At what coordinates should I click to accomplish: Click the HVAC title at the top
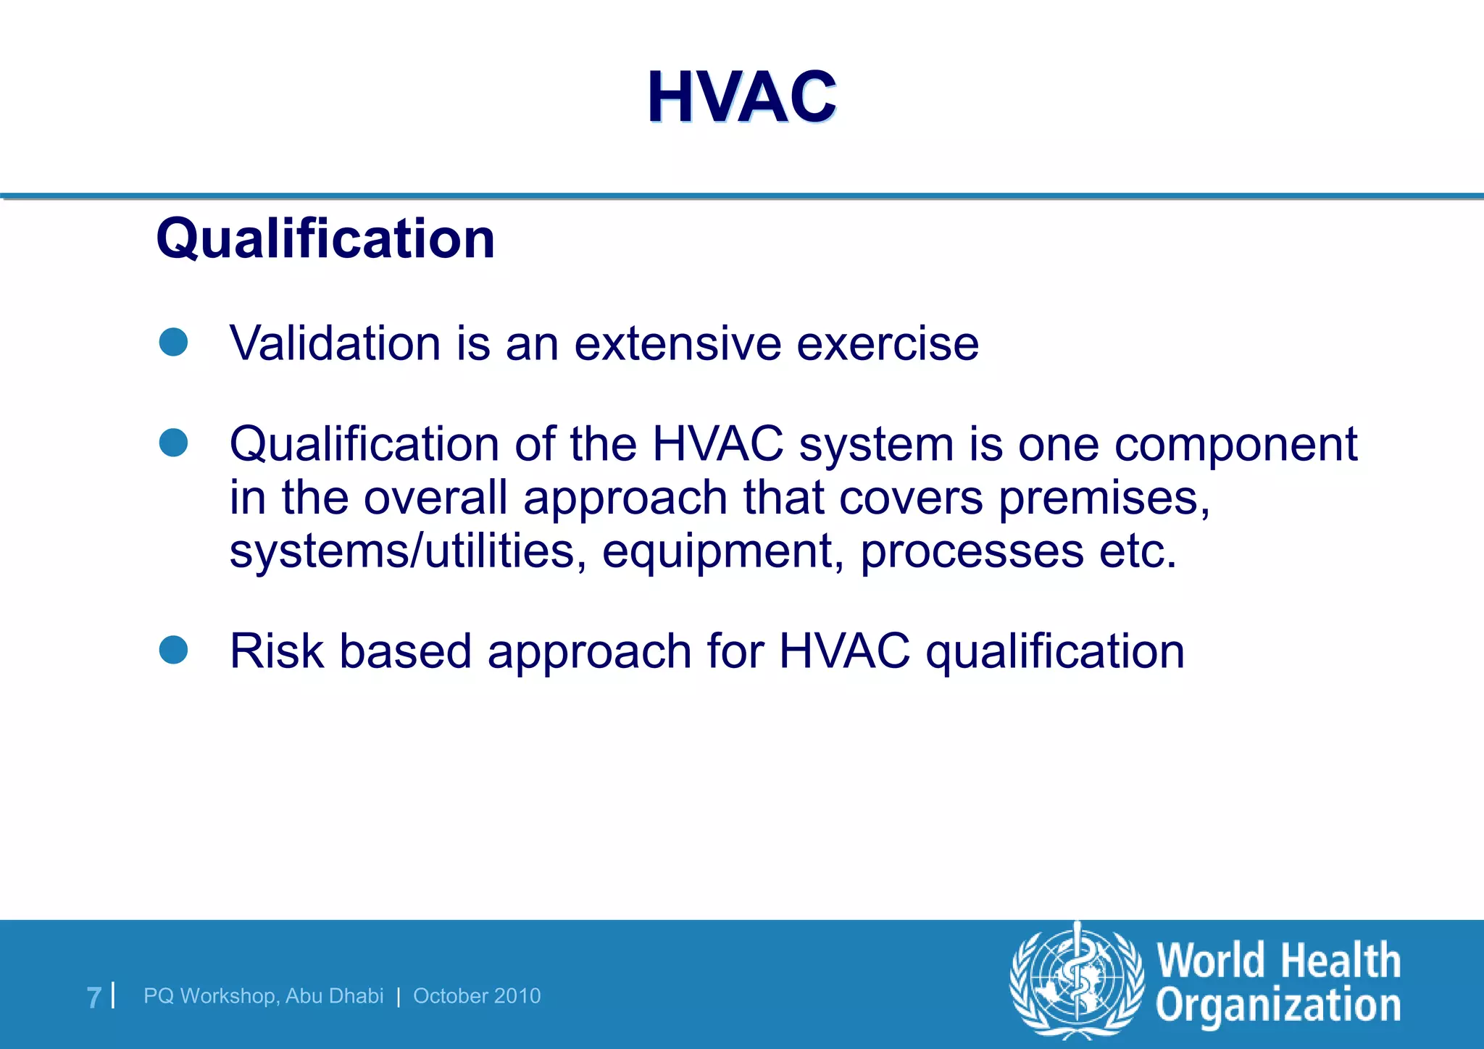[741, 97]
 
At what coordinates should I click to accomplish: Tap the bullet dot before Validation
[173, 342]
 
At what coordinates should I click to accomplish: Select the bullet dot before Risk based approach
[173, 650]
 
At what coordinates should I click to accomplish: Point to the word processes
[972, 553]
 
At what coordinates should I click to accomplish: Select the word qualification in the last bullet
[1055, 651]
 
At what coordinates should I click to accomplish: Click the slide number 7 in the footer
[93, 997]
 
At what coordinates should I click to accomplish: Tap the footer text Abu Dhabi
[334, 996]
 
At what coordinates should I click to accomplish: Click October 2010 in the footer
[477, 996]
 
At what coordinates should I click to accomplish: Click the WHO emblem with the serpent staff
[1077, 980]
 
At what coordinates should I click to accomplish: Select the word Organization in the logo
[1277, 1006]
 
